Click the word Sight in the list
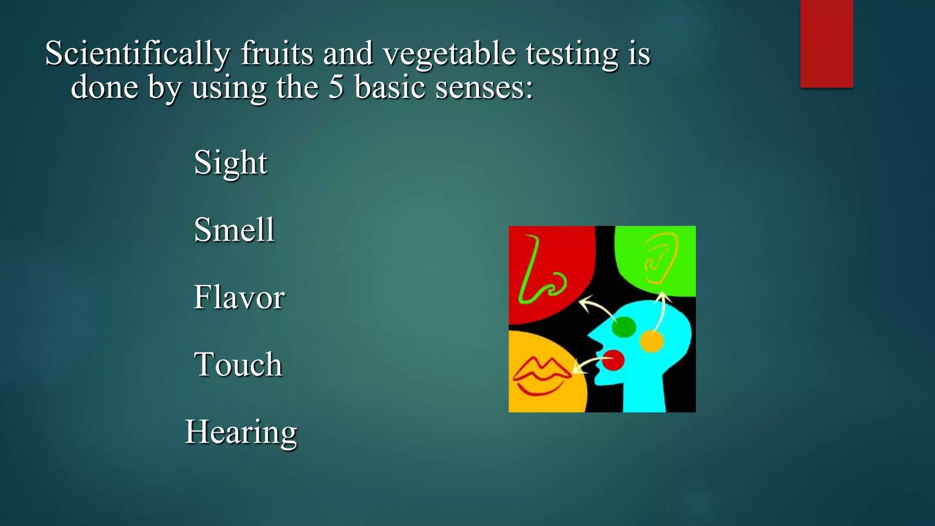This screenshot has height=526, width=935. pos(231,163)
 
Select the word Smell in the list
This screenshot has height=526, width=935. pos(234,230)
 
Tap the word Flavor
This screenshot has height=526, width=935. pos(239,297)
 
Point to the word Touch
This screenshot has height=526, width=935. pos(238,364)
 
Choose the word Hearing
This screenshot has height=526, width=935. pos(241,432)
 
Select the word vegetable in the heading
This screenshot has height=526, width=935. pos(449,54)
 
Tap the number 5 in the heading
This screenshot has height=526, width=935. pos(336,87)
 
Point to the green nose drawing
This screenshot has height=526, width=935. pos(539,274)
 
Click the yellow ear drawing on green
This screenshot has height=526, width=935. pos(660,258)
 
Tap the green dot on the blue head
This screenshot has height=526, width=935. pos(624,327)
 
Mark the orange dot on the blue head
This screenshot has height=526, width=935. pos(651,342)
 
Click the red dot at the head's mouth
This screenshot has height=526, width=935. pos(613,360)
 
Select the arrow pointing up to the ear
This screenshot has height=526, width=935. pos(661,310)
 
